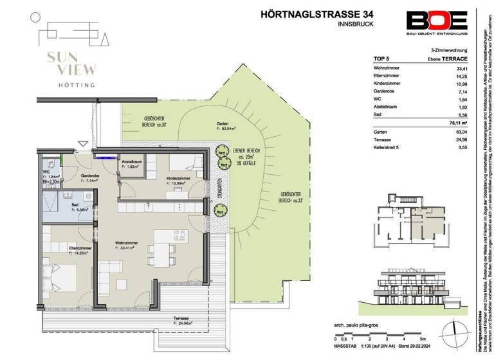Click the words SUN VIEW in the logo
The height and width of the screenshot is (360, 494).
click(x=62, y=63)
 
